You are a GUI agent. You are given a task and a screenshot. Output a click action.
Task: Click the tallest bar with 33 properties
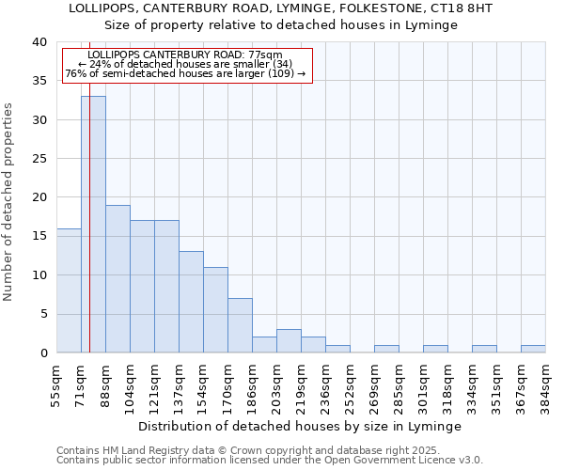(x=93, y=224)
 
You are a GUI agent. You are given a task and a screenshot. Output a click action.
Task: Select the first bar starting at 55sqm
(x=69, y=290)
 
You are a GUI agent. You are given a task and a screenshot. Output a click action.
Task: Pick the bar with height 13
(x=191, y=302)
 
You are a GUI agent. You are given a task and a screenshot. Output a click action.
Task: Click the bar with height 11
(x=215, y=309)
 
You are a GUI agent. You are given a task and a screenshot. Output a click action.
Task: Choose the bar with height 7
(x=240, y=325)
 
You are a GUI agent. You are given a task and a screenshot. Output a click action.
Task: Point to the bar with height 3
(x=289, y=340)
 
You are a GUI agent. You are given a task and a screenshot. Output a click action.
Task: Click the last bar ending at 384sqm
(x=533, y=349)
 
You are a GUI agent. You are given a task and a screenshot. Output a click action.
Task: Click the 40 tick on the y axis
(x=39, y=42)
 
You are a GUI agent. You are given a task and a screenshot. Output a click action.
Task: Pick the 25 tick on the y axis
(x=39, y=159)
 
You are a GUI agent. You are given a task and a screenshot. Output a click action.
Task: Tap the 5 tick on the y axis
(x=43, y=314)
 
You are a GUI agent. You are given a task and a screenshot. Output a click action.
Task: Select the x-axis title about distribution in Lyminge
(x=300, y=426)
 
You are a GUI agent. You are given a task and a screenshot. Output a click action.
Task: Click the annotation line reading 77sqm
(x=184, y=55)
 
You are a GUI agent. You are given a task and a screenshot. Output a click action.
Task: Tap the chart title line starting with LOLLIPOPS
(x=281, y=8)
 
